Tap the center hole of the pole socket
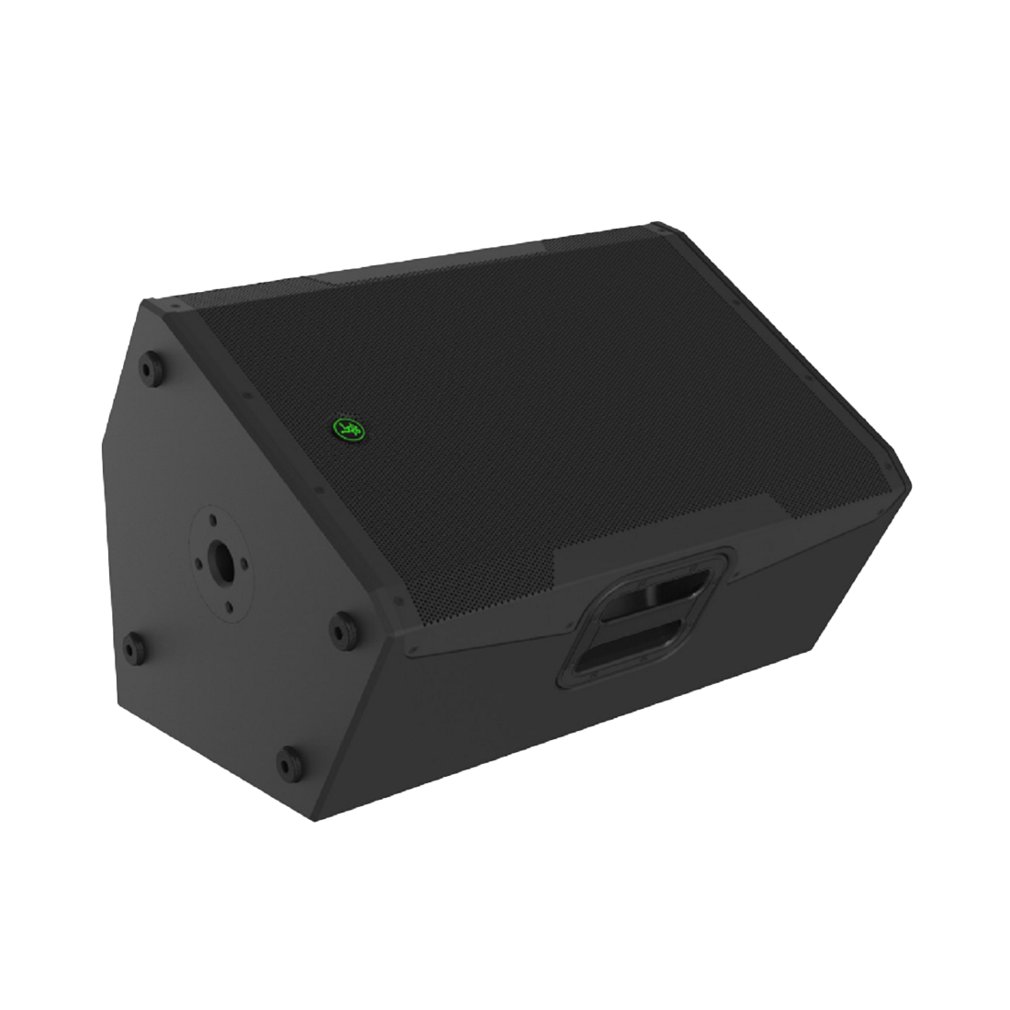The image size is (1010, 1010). (x=221, y=558)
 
